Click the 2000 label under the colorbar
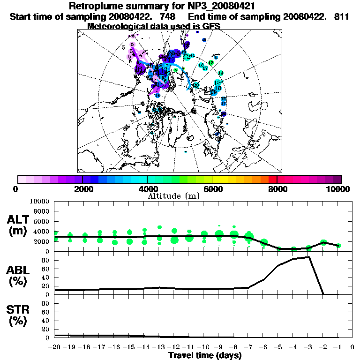point(82,189)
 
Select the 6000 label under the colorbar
point(212,189)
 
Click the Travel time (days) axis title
point(205,356)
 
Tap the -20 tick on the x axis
point(55,347)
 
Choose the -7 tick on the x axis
point(248,347)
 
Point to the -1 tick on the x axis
point(337,347)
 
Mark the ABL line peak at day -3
point(309,257)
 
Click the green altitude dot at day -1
point(338,246)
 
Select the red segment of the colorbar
point(273,179)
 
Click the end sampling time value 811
point(342,16)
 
